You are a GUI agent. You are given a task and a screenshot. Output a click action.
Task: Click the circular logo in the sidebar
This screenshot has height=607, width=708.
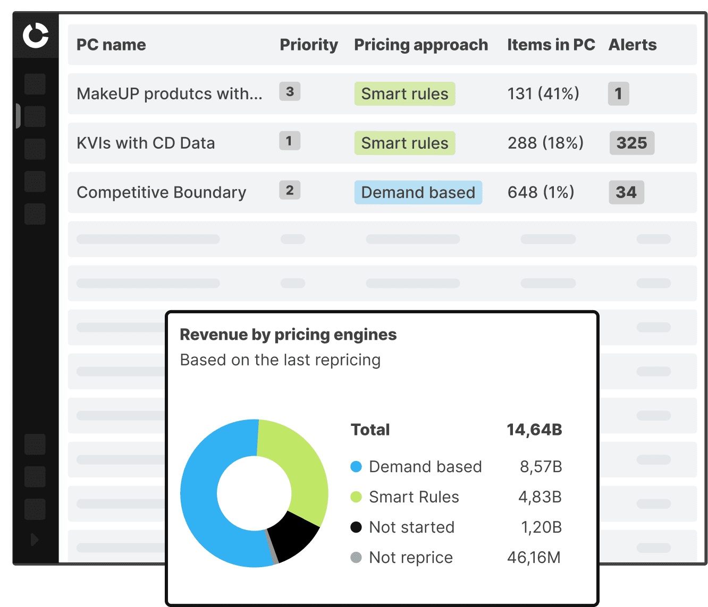(36, 36)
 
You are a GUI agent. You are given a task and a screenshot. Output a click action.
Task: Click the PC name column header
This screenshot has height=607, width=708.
(111, 45)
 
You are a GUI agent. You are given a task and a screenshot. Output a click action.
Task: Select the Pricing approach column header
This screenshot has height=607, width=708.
(420, 45)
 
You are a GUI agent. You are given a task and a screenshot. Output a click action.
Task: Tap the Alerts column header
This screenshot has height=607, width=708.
(632, 45)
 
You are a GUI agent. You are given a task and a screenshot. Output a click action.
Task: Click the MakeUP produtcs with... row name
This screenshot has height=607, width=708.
(169, 94)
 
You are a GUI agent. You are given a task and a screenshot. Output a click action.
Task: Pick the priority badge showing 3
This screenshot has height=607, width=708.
(290, 91)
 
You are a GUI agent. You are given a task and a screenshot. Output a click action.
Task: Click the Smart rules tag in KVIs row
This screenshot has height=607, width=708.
(404, 143)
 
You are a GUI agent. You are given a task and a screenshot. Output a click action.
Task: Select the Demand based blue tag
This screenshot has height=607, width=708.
(418, 192)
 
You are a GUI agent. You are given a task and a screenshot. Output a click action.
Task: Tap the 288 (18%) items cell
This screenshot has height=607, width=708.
(545, 143)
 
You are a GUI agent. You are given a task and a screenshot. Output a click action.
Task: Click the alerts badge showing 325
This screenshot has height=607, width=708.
(631, 143)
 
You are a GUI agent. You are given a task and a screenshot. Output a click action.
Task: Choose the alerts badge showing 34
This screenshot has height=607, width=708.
(626, 192)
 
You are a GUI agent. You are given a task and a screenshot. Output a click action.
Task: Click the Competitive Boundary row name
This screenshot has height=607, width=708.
(161, 192)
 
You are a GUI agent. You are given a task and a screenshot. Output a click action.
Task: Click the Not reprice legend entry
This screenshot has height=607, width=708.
(410, 558)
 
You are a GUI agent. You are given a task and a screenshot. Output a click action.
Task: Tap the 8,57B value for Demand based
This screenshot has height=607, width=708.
(541, 467)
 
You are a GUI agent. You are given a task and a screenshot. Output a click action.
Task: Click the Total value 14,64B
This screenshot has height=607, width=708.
(534, 430)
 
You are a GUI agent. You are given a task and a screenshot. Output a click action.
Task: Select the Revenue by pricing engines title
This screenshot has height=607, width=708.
(288, 335)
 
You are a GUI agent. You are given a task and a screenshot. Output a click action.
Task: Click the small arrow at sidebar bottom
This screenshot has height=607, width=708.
(35, 540)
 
